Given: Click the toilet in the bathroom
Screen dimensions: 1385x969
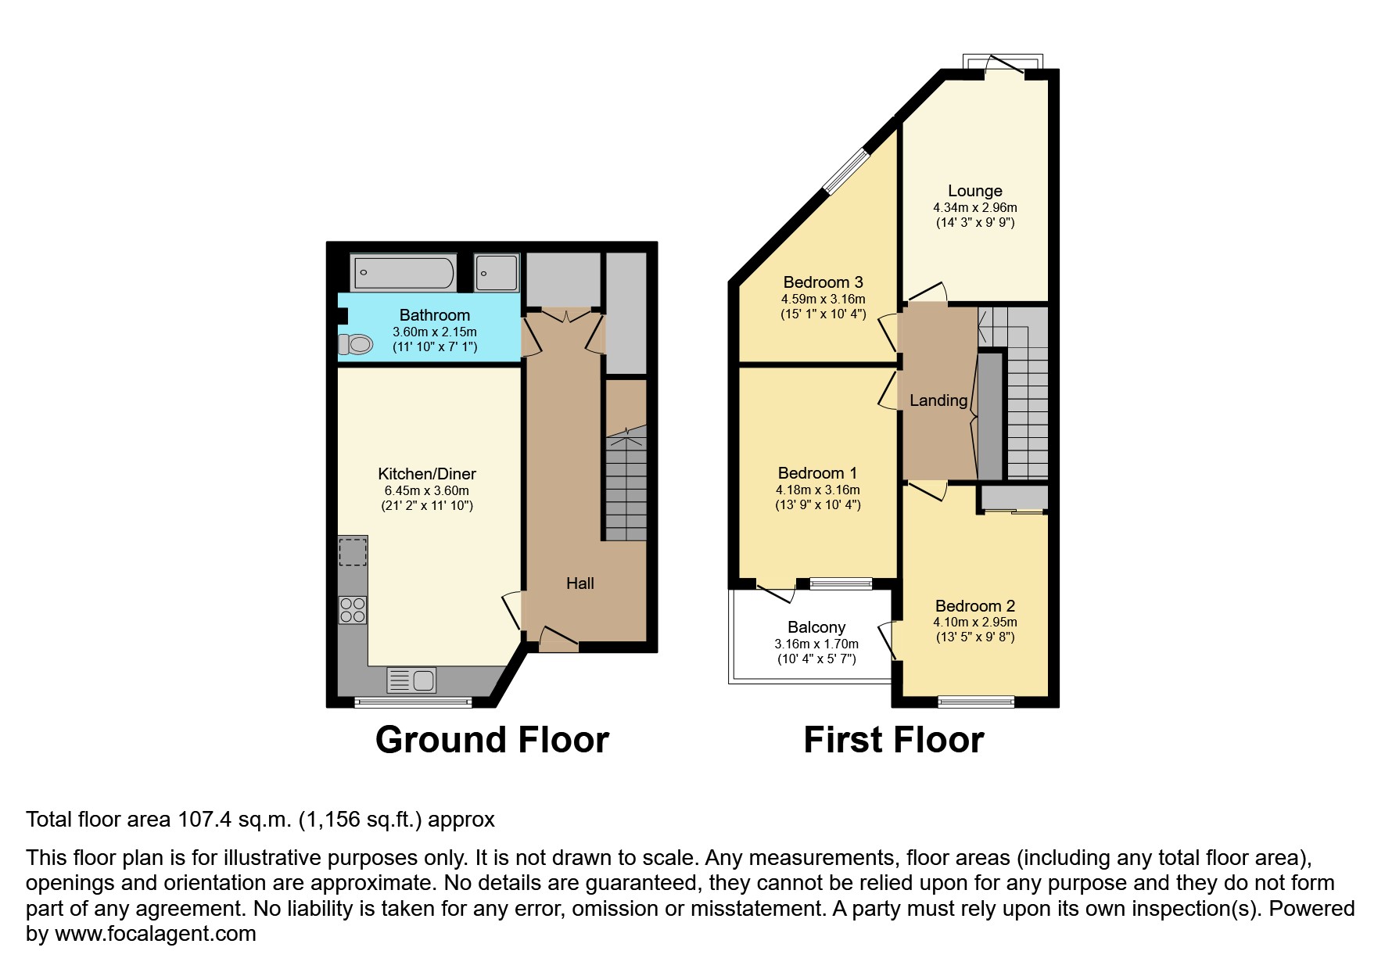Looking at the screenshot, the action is coord(355,344).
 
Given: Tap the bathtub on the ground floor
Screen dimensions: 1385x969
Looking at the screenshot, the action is coord(404,273).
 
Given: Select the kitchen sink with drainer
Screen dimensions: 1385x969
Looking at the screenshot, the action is coord(411,680).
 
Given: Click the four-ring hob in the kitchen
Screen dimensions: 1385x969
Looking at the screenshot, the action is coord(353,609).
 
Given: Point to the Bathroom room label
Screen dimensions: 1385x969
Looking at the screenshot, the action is coord(435,315).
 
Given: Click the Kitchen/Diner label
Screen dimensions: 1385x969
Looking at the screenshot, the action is coord(427,474).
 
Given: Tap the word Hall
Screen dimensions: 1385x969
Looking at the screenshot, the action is coord(580,583).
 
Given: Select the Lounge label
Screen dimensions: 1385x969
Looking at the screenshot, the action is coord(975,191).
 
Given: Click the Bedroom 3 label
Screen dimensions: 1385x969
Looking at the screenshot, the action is coord(823,282).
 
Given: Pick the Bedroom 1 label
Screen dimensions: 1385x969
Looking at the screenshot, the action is coord(817,473).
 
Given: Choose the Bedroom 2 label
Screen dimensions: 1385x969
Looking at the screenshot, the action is coord(975,606).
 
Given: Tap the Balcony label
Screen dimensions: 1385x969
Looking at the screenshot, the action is coord(816,627).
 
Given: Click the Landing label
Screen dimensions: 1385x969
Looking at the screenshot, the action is coord(938,400).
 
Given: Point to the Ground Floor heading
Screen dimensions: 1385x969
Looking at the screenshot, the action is coord(492,740).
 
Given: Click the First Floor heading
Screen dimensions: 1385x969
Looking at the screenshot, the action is coord(894,740).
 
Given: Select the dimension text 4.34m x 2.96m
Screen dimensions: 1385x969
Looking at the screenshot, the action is coord(975,208).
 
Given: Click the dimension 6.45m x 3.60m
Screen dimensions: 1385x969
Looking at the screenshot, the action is coord(427,491).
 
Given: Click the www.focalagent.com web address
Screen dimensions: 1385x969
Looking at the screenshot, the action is coord(156,934).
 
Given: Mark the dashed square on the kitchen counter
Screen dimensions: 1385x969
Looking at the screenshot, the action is coord(353,551).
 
